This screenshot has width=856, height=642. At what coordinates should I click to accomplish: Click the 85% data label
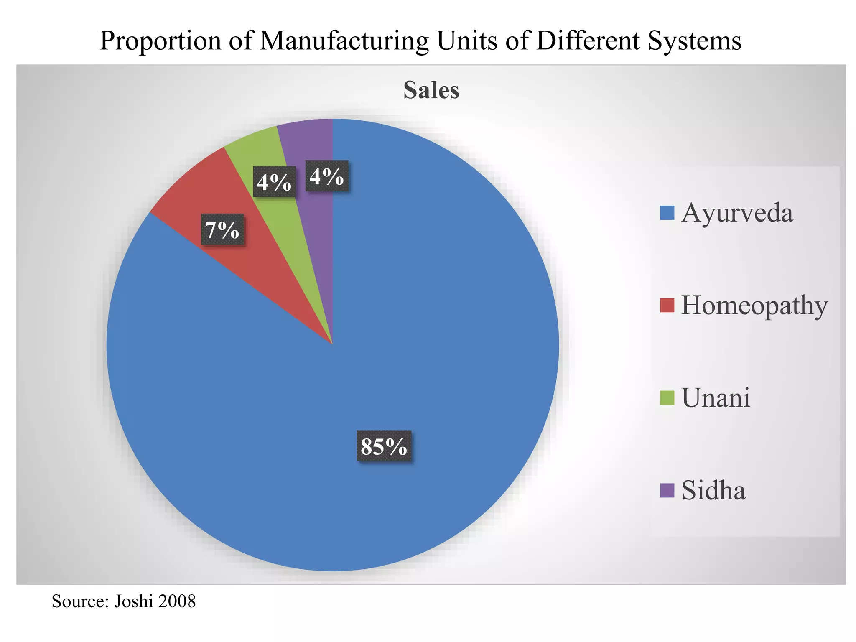(384, 446)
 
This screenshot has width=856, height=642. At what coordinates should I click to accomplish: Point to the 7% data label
(222, 229)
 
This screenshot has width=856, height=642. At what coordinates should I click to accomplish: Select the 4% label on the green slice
(274, 182)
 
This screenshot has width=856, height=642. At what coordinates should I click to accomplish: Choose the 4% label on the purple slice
(327, 176)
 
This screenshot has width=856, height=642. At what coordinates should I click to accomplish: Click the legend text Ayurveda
(737, 213)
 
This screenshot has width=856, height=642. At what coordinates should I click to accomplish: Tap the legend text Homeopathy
(754, 305)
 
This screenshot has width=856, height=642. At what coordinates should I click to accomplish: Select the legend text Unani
(716, 397)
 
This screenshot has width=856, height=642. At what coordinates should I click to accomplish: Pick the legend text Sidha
(713, 490)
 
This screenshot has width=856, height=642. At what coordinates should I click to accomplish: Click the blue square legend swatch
(667, 213)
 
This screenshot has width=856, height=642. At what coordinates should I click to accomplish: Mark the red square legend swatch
(667, 305)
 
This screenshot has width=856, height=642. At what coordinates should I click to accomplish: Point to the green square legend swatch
(667, 397)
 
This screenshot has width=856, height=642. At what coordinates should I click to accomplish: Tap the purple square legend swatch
(667, 490)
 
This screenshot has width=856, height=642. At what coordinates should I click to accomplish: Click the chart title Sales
(431, 90)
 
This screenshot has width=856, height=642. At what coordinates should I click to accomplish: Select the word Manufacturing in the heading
(344, 41)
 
